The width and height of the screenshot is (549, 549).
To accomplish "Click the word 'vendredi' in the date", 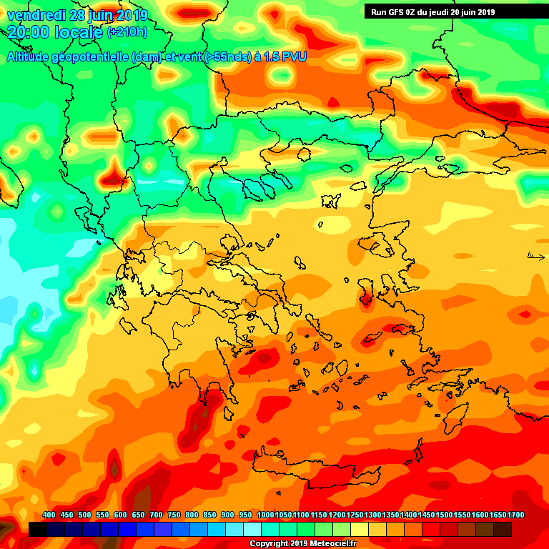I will click(x=36, y=14).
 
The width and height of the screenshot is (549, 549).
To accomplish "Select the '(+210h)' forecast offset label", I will click(x=127, y=32).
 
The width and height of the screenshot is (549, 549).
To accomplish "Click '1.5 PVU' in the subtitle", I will click(x=285, y=56).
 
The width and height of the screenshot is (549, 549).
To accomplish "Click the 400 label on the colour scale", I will click(x=49, y=515).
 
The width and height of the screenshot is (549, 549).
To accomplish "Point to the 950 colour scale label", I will click(x=246, y=515).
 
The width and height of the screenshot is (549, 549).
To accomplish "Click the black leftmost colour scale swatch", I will click(x=38, y=529).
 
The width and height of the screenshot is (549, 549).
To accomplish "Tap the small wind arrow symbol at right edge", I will click(x=535, y=256).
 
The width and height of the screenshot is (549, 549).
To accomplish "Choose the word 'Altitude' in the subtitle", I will click(x=29, y=56).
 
